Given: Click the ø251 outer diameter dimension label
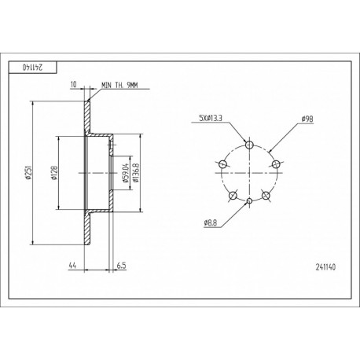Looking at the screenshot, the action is (x=28, y=172).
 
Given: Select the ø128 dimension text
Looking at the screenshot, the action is (x=54, y=173).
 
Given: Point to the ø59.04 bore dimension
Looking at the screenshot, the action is (x=125, y=173).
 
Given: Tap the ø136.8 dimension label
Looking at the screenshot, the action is (x=135, y=173).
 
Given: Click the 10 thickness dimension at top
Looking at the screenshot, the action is (x=74, y=84).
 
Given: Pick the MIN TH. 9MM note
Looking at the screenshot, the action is (x=119, y=85).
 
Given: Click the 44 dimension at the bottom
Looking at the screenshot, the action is (x=72, y=266).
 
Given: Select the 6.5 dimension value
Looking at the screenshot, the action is (x=121, y=266).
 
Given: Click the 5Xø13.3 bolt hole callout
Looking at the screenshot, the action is (x=211, y=118).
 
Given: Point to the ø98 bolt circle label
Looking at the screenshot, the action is (x=307, y=119).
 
